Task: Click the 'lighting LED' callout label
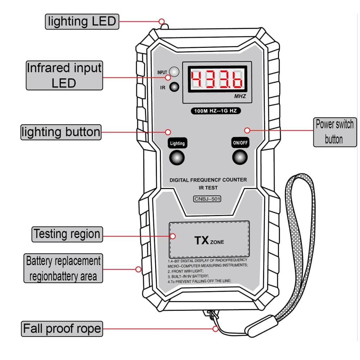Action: [82, 21]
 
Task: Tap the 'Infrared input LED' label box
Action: [64, 75]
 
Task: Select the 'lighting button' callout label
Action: [60, 132]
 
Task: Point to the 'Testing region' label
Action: [67, 234]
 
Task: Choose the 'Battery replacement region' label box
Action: [63, 268]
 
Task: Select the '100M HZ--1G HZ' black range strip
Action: [216, 111]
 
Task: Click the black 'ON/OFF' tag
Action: [240, 142]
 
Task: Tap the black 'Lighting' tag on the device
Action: [177, 143]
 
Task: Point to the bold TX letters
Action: [202, 240]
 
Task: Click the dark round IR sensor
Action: [175, 87]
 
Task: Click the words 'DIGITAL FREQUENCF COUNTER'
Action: [208, 180]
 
